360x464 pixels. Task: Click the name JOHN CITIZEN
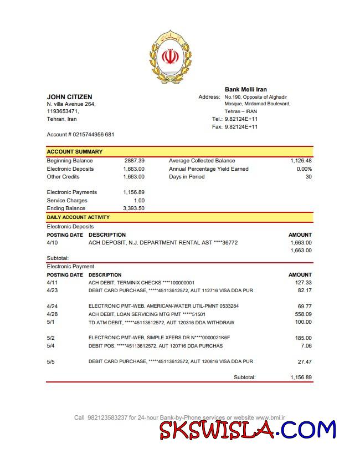point(69,97)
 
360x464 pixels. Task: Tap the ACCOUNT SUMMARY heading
point(74,151)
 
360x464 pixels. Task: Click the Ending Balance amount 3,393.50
point(133,208)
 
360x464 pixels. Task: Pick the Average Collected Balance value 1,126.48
point(301,161)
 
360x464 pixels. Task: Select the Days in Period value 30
point(308,177)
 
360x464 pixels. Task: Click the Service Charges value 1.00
point(139,201)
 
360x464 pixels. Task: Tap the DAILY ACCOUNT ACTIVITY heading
point(78,217)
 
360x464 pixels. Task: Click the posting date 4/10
point(52,243)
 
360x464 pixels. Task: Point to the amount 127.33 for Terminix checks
point(304,283)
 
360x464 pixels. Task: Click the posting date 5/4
point(51,346)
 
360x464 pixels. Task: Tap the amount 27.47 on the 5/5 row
point(305,361)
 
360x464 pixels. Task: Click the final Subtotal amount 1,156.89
point(301,378)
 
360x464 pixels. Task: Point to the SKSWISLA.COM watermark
point(247,430)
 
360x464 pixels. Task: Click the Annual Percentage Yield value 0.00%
point(304,169)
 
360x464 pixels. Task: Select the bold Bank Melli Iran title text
point(245,89)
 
